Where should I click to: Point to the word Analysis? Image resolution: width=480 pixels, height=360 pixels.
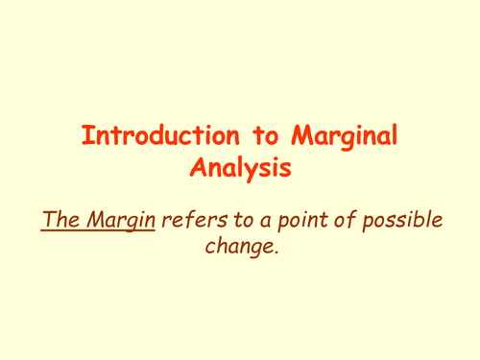(x=239, y=170)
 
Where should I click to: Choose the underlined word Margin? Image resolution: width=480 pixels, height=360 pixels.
(x=119, y=221)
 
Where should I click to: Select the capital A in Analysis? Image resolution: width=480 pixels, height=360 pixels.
(x=198, y=169)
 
